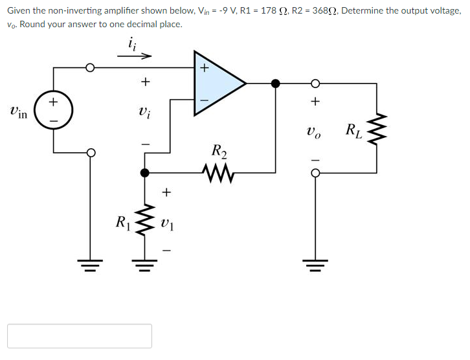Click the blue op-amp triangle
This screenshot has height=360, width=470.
click(x=217, y=83)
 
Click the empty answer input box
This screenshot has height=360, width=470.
click(x=80, y=336)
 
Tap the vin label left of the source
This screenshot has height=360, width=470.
click(x=18, y=111)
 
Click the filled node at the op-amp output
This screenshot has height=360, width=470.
click(x=276, y=83)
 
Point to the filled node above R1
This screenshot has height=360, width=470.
click(x=144, y=172)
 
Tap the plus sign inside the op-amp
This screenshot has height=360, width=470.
click(x=205, y=67)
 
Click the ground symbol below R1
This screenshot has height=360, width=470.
click(x=144, y=262)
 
